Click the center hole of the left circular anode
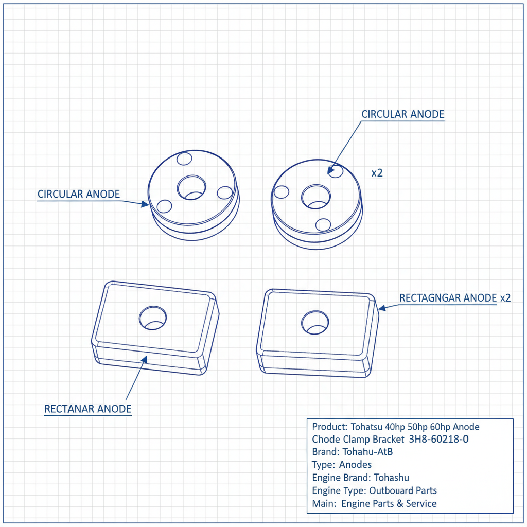[x=191, y=187]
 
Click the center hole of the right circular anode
[x=316, y=197]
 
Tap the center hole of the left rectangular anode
[x=153, y=318]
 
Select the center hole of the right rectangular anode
[x=315, y=322]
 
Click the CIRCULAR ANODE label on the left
[x=79, y=194]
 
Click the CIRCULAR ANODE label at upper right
[x=402, y=114]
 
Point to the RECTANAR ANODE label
[x=87, y=409]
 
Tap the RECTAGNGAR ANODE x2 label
[x=455, y=298]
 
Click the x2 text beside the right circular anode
[x=377, y=173]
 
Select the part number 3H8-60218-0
[x=438, y=439]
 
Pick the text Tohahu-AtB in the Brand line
[x=367, y=452]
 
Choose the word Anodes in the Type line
[x=355, y=465]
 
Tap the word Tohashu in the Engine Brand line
[x=392, y=478]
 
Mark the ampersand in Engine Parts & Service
[x=399, y=504]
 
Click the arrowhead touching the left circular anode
[x=145, y=204]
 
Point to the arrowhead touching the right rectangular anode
[x=382, y=308]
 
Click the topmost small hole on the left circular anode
[x=184, y=159]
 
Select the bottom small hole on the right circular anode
[x=323, y=225]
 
